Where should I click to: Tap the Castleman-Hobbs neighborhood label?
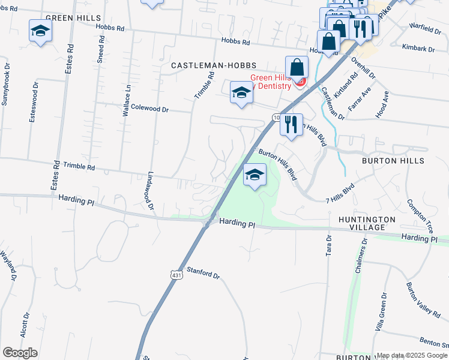(x=214, y=65)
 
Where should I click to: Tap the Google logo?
(x=20, y=353)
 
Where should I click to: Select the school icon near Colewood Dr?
(x=241, y=93)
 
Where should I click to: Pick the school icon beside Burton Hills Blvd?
(x=255, y=176)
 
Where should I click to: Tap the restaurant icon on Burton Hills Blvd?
(x=291, y=125)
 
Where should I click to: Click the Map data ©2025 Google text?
(x=412, y=355)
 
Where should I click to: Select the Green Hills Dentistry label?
(x=270, y=81)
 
